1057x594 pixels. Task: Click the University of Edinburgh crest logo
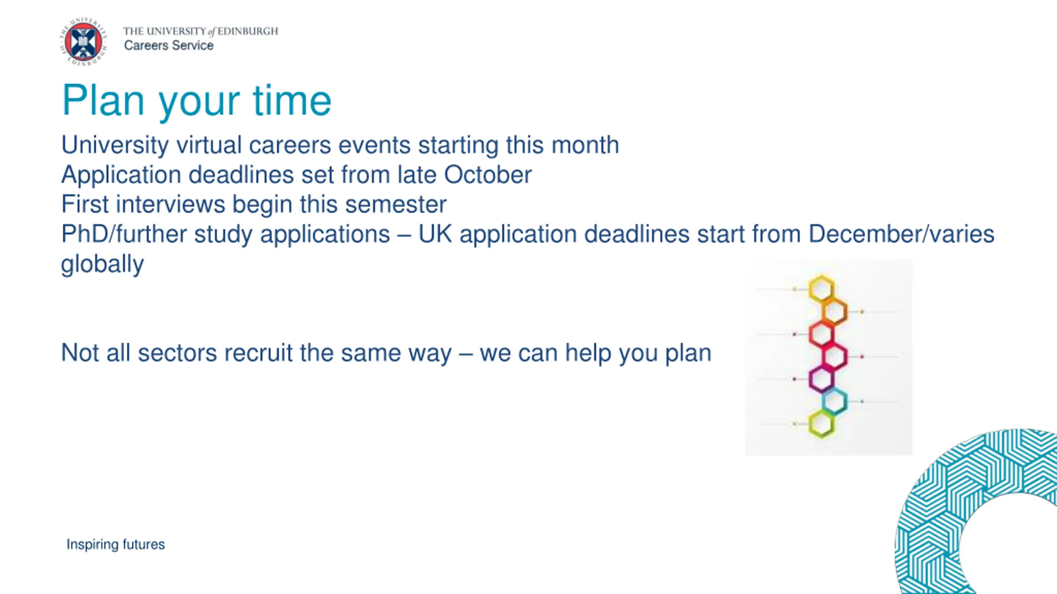point(83,42)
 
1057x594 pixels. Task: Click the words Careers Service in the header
point(169,45)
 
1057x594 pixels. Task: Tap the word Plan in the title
point(103,101)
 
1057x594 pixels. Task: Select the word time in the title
point(292,101)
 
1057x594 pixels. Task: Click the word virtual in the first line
point(209,145)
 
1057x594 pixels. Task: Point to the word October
point(488,175)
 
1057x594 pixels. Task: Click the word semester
point(396,205)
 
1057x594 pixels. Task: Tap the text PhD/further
point(124,234)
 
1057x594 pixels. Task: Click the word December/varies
point(901,234)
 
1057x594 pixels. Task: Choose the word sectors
point(177,353)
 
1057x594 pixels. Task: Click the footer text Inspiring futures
point(116,544)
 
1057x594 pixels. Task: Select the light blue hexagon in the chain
point(834,401)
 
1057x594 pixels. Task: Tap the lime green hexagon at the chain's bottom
point(821,424)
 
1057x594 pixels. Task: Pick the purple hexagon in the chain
point(821,379)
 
